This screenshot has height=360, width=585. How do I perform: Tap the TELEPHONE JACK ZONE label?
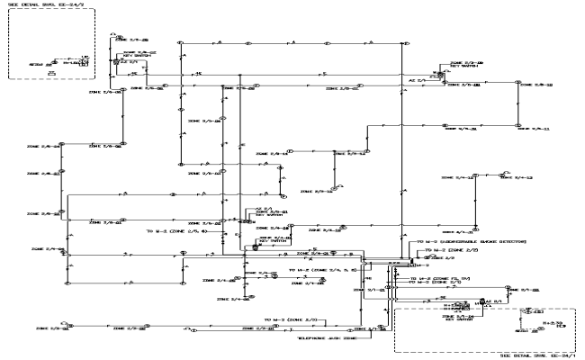click(328, 338)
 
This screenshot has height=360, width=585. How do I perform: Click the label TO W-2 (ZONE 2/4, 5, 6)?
click(324, 269)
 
